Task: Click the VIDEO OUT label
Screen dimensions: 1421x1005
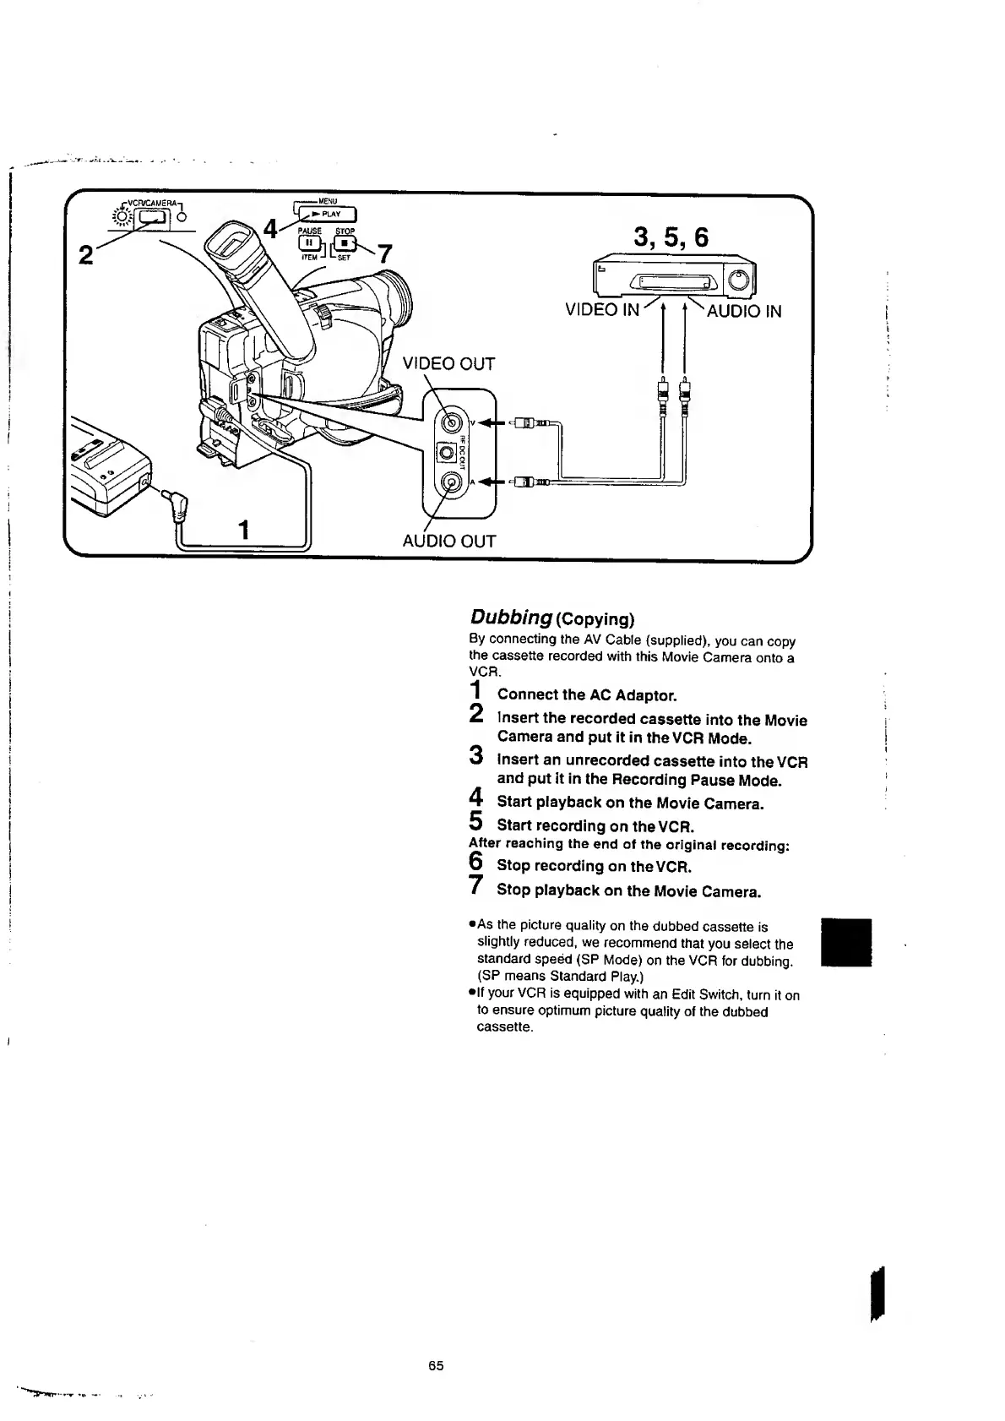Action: point(448,364)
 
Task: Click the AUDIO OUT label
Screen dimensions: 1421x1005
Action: point(448,541)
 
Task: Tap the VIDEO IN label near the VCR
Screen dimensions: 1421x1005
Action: point(602,310)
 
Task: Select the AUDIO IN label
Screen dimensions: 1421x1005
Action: point(743,311)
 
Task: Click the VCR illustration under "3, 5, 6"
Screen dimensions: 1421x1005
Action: point(674,275)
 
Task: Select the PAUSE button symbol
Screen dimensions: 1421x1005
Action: point(310,244)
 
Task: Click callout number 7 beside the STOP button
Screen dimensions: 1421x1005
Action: point(384,254)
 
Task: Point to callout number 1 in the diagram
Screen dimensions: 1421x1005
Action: point(244,531)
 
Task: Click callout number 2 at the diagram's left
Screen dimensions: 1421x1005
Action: point(85,254)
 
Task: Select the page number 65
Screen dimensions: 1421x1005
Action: point(435,1366)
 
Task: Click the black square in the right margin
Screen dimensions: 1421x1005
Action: point(846,941)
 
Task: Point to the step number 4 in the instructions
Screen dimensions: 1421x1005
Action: point(475,798)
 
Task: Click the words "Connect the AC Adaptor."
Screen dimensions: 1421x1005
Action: point(587,695)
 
